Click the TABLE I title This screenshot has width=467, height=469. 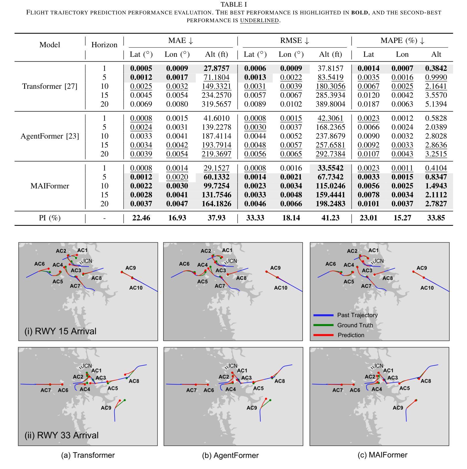pos(233,5)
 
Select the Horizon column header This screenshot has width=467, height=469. pos(104,45)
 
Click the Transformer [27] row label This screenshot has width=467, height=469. pos(50,86)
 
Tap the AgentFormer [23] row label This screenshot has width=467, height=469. pos(50,136)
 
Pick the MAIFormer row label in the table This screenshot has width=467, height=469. pos(50,186)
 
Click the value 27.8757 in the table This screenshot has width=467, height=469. pos(216,69)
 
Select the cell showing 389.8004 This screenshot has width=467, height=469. pos(330,104)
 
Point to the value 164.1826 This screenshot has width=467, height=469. pos(216,204)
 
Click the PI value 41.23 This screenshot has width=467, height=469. pos(330,218)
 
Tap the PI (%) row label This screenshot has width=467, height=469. pos(50,218)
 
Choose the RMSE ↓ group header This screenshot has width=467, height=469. pos(295,41)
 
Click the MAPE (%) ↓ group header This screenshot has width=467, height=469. pos(402,41)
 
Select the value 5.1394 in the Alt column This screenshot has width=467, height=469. pos(436,104)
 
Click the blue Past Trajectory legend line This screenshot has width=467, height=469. pos(323,315)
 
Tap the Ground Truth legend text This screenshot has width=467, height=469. pos(355,325)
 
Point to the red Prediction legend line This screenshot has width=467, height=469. pos(323,335)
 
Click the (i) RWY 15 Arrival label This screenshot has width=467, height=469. pos(60,331)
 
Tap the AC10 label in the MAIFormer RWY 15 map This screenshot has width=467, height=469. pos(427,288)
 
